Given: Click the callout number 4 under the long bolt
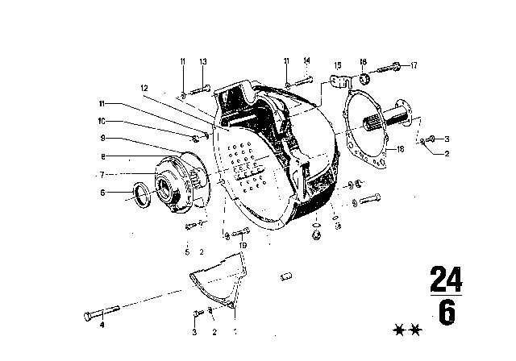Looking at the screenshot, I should (x=102, y=326).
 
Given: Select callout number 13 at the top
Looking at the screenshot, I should (x=203, y=61).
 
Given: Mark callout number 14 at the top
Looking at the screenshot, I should (x=306, y=61).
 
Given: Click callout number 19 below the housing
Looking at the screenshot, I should (x=242, y=245).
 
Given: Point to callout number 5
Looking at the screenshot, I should (x=187, y=251).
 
